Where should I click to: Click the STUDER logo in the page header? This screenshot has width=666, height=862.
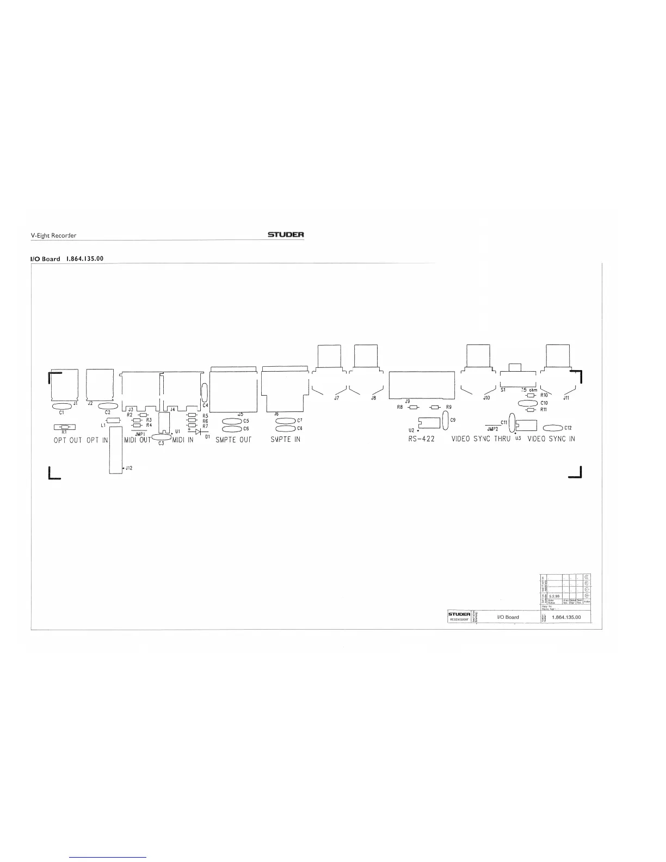[x=286, y=235]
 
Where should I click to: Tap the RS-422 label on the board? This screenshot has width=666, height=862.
[x=421, y=439]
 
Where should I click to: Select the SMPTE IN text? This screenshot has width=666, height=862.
[x=285, y=439]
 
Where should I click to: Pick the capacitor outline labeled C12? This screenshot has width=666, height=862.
[x=553, y=428]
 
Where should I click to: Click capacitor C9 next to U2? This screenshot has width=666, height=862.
[x=446, y=420]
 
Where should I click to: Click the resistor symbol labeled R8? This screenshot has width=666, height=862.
[x=414, y=407]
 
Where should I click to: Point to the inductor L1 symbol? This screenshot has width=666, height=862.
[x=114, y=420]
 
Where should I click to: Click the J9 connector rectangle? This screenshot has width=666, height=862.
[x=422, y=385]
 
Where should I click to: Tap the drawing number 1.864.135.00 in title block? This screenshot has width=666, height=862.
[x=566, y=617]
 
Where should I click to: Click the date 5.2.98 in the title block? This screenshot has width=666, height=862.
[x=553, y=596]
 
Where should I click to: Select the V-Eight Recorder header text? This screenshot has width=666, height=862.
[x=53, y=236]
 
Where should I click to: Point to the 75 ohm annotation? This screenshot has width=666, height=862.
[x=529, y=390]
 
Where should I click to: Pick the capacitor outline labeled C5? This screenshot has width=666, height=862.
[x=232, y=421]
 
